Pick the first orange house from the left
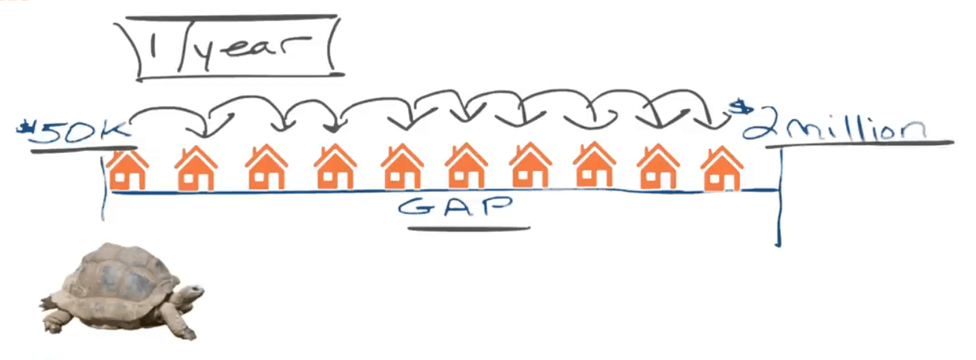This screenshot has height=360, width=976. (127, 170)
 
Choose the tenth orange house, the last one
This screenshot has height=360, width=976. (722, 170)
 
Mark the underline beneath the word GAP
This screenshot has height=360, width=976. (468, 227)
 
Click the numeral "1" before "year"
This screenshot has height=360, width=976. (153, 49)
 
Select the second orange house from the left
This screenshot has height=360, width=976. (196, 170)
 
